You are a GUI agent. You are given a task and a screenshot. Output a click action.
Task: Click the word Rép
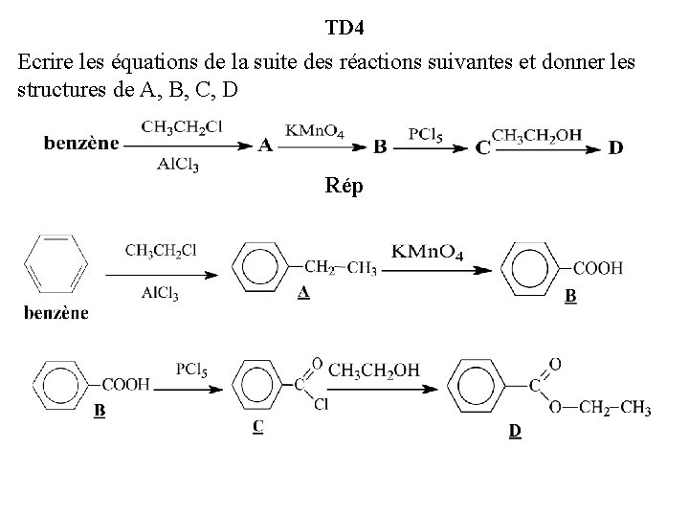(344, 186)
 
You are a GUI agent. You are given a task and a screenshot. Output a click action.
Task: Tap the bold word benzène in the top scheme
(81, 145)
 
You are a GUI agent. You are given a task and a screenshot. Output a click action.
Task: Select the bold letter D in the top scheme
(615, 146)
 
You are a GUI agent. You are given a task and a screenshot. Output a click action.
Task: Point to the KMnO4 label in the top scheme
(315, 129)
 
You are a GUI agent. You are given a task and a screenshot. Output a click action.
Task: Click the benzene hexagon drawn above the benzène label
(56, 263)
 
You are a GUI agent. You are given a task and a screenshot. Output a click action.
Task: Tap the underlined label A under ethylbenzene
(302, 293)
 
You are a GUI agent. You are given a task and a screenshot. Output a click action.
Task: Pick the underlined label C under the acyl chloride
(258, 427)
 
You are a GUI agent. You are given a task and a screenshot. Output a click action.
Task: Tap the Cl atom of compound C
(321, 405)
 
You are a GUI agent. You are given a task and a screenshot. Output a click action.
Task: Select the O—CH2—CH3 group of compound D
(600, 409)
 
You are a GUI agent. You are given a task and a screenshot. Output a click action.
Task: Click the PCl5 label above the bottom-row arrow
(192, 368)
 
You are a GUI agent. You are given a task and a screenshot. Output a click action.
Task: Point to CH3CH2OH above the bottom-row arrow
(373, 370)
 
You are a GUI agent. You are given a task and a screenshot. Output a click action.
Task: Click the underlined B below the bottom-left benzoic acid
(100, 412)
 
